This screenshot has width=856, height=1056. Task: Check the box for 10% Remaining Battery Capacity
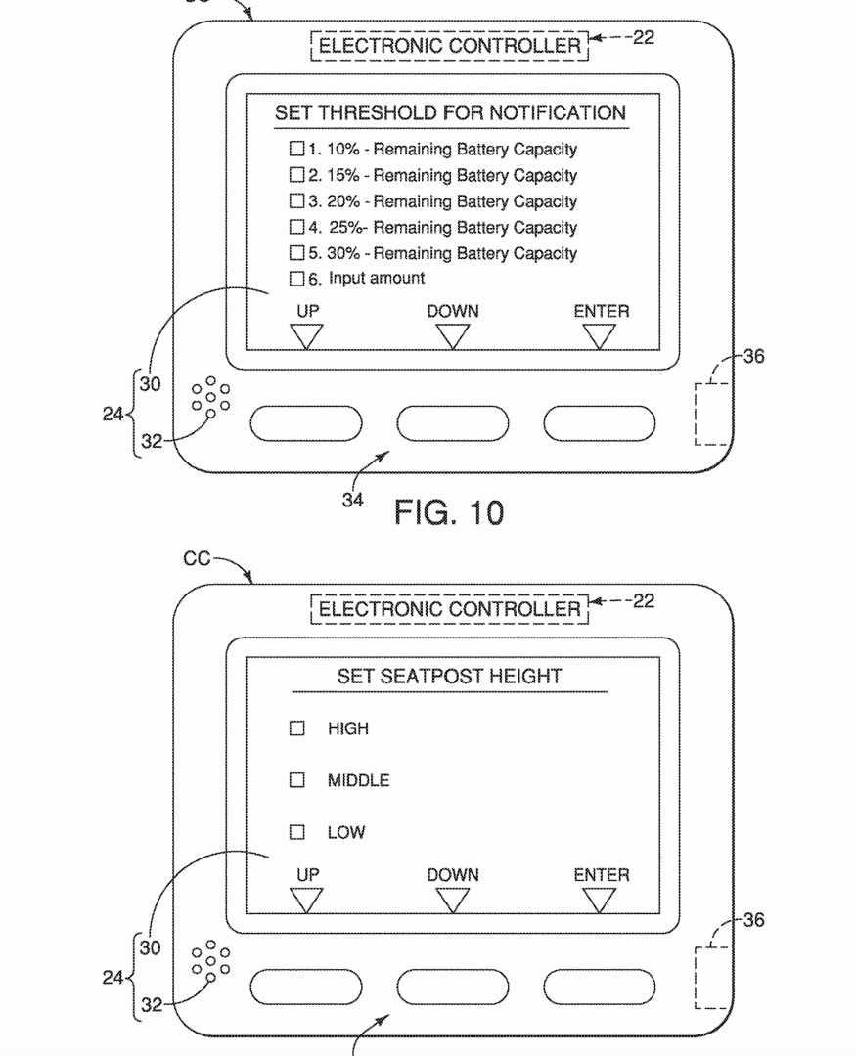[x=296, y=149]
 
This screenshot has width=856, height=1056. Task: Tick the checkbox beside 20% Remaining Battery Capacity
[x=296, y=200]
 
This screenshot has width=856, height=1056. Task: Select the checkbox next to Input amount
[x=296, y=278]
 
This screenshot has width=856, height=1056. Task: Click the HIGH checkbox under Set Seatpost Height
[x=296, y=728]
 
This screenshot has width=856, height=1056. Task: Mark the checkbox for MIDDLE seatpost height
[x=296, y=780]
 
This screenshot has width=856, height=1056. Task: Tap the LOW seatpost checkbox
[x=296, y=832]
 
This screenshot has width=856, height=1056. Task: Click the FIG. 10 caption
[x=449, y=512]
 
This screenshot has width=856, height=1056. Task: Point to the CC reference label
[x=197, y=559]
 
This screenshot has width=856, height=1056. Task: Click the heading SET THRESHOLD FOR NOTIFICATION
[x=450, y=112]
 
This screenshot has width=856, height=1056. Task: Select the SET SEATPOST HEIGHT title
[x=450, y=677]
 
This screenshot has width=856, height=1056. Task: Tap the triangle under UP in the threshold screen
[x=306, y=336]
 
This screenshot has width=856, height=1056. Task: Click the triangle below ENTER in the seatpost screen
[x=599, y=900]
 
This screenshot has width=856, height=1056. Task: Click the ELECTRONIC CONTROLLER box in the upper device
[x=450, y=46]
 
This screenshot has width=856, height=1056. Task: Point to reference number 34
[x=352, y=500]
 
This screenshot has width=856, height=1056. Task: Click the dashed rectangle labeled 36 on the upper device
[x=712, y=415]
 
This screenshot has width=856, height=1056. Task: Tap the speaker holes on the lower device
[x=210, y=960]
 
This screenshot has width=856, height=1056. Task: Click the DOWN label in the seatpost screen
[x=453, y=875]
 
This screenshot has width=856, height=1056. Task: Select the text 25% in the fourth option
[x=345, y=227]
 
